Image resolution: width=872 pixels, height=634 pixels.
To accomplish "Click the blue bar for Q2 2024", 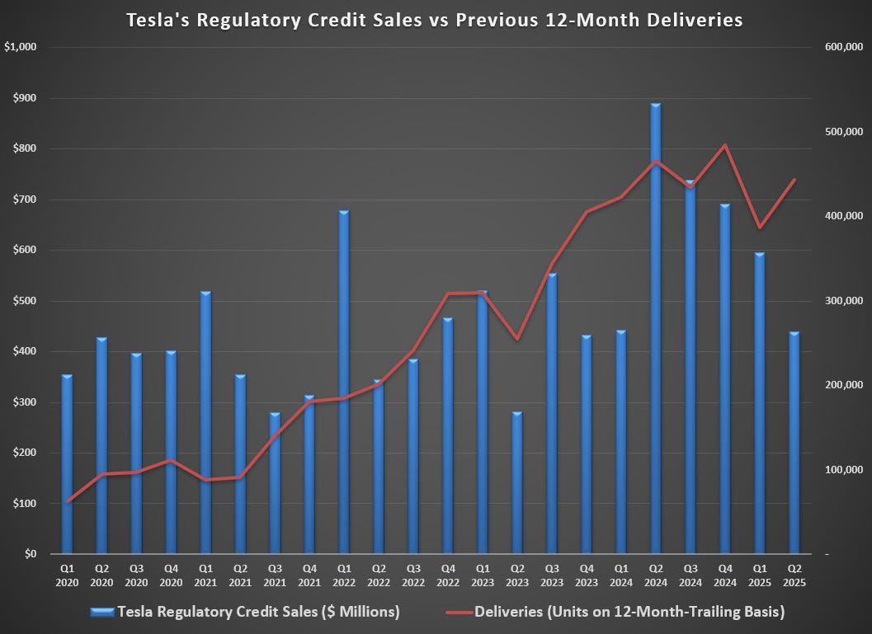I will pos(656,330).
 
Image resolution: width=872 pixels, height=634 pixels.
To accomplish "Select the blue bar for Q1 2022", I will pos(344,383).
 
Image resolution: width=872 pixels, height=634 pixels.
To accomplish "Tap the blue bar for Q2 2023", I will pos(517,482).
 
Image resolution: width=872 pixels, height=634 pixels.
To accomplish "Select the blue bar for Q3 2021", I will pos(275,483).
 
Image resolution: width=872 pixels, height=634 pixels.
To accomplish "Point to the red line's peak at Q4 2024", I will pos(724,146).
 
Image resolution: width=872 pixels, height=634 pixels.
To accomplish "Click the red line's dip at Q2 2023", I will pos(517,339).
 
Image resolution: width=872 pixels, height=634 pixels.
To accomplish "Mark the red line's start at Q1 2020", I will pos(68,501).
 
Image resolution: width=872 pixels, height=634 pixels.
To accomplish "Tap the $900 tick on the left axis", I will pos(25,98).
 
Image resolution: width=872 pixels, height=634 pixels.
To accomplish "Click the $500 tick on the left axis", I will pos(25,301).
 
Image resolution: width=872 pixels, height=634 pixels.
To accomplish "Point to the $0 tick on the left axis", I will pos(30,554).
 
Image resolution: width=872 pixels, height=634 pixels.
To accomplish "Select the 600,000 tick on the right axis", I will pos(843,48).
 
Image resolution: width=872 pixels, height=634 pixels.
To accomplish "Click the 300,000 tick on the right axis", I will pos(843,301).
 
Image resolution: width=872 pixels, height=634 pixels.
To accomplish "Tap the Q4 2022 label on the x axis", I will pos(448,575).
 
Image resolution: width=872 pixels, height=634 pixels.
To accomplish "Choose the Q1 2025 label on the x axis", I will pos(760,575).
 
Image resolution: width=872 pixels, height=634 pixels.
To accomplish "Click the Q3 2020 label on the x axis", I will pos(136,575).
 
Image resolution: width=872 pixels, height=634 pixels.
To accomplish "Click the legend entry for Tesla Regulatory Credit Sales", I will pos(247,612).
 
